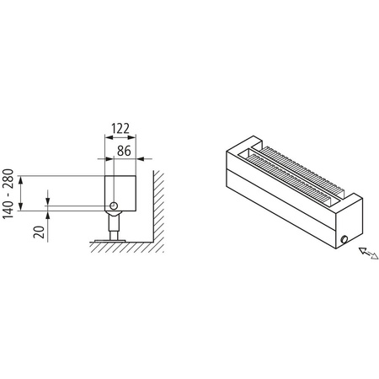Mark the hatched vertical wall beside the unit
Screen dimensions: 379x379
[x=157, y=206]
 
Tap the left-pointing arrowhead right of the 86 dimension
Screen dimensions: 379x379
[x=141, y=160]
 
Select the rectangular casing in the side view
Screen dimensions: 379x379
[x=119, y=190]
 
